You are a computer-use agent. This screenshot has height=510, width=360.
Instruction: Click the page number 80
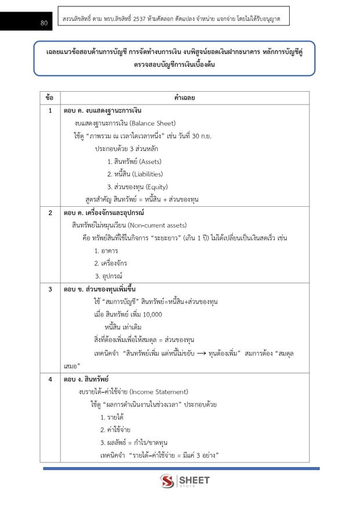pos(44,23)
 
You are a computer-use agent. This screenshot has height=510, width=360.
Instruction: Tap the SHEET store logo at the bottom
pos(185,482)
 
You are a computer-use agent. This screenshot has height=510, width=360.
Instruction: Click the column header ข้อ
pos(50,98)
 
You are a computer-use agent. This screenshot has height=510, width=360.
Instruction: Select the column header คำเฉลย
pos(184,98)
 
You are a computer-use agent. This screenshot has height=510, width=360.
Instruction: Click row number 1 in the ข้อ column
pos(50,110)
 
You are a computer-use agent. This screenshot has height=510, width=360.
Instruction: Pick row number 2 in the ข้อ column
pos(50,213)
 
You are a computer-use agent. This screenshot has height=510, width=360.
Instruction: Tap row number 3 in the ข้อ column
pos(50,289)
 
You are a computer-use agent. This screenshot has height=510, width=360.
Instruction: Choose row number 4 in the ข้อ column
pos(50,379)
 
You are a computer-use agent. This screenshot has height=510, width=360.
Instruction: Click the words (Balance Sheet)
pos(153,123)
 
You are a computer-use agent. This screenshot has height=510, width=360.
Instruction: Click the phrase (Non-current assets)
pos(157,225)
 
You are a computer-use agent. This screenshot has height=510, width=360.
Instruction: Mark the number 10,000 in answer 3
pos(152,314)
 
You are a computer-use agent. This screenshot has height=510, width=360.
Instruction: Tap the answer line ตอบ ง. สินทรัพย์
pos(85,379)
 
